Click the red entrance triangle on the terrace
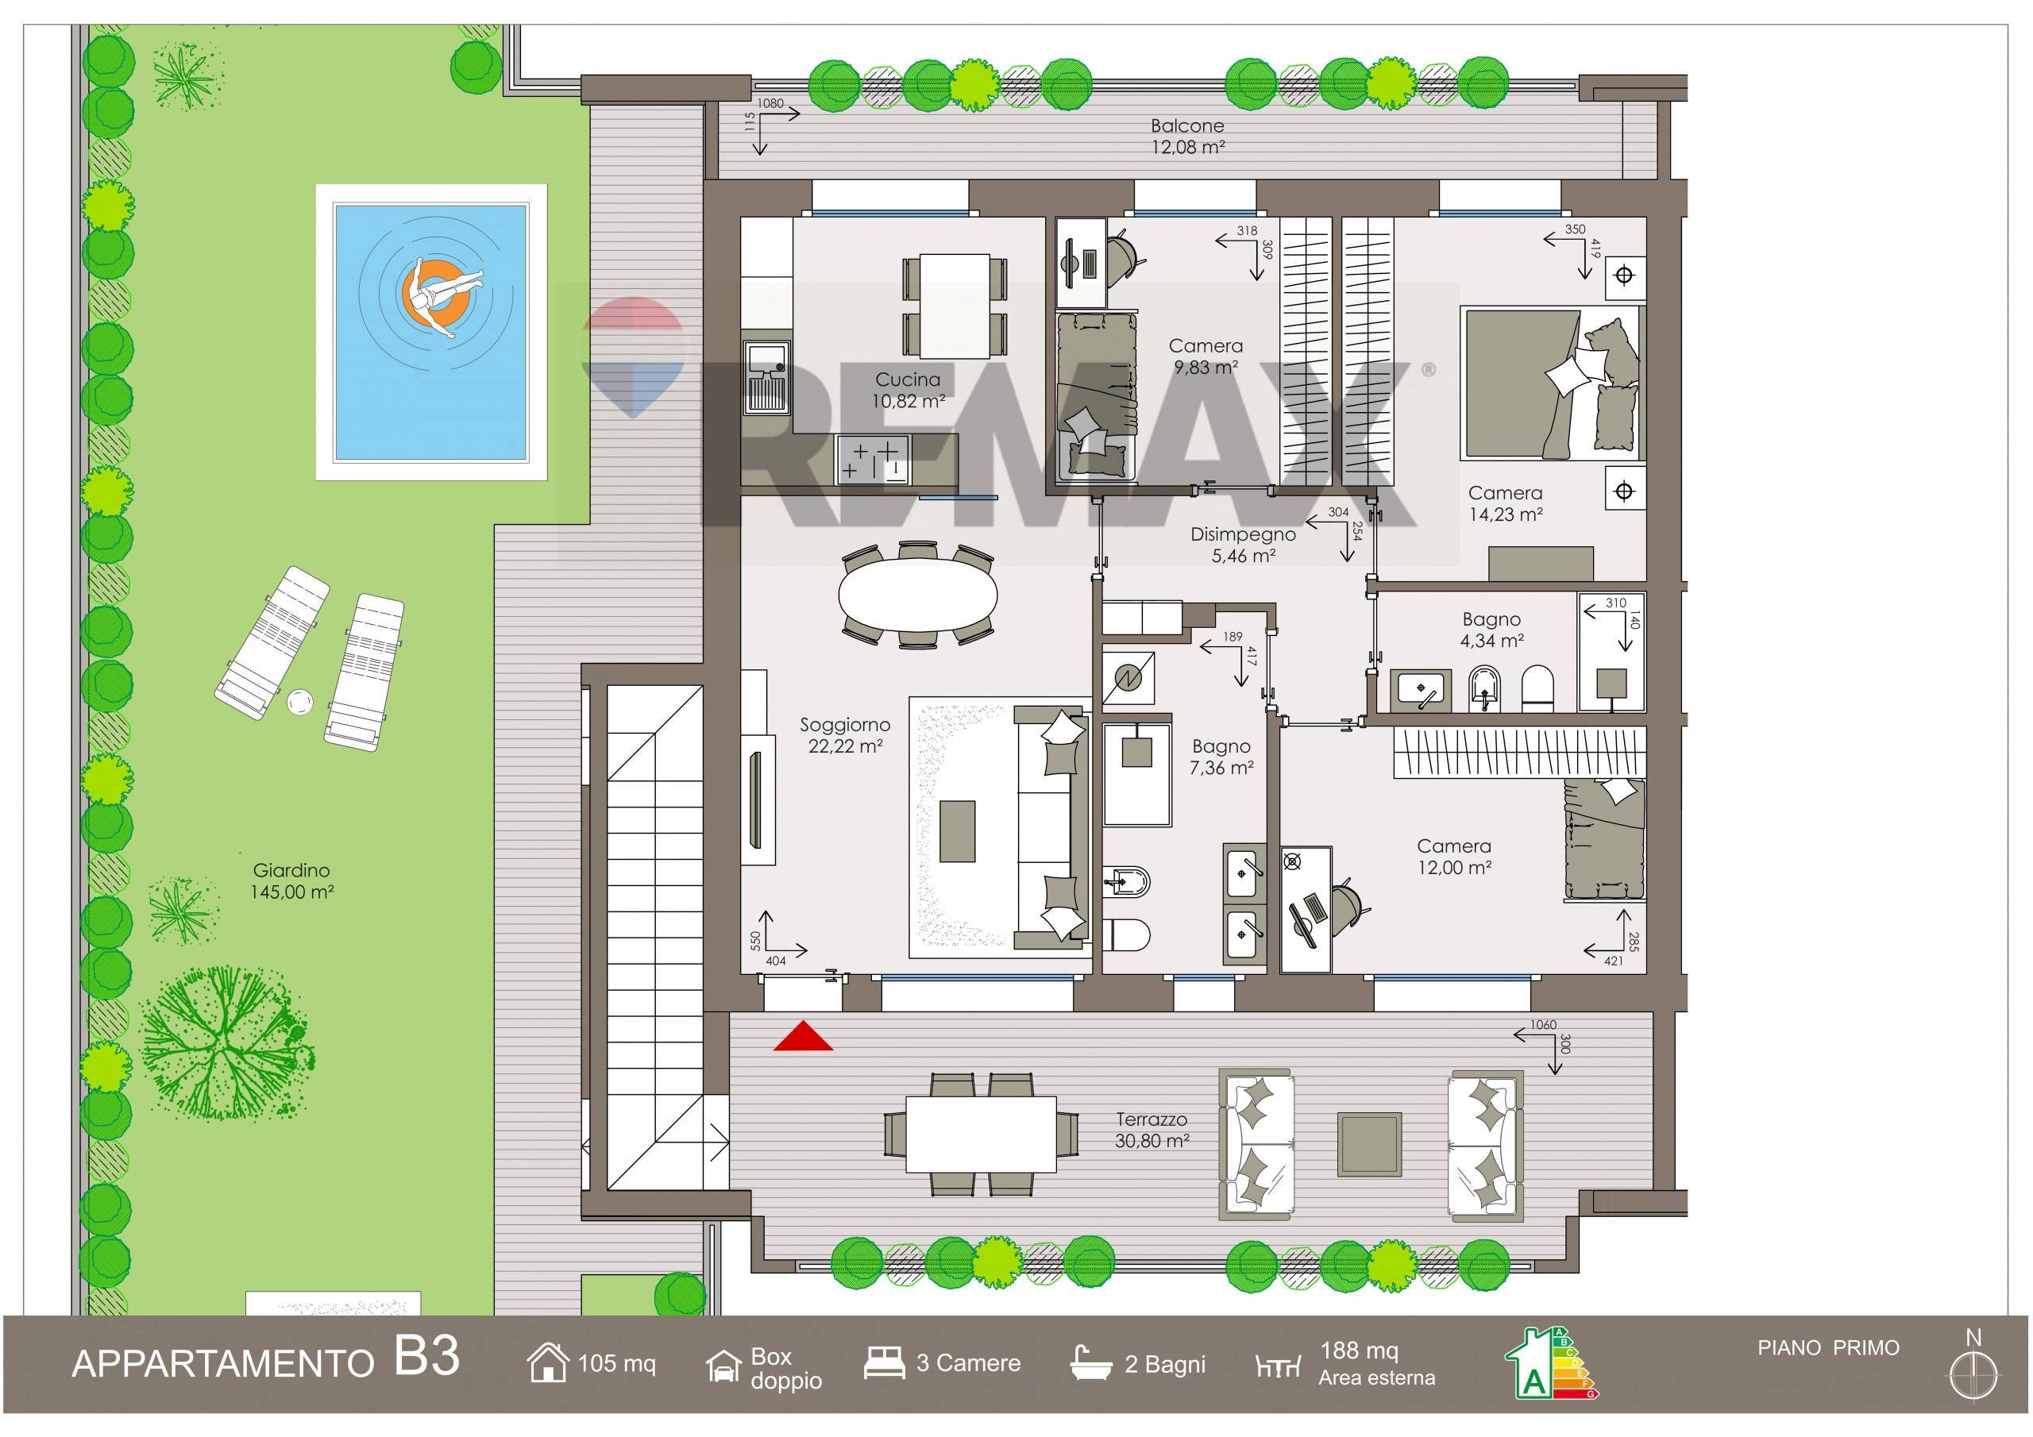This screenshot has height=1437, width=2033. (x=803, y=1037)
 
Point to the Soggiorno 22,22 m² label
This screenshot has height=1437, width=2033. (x=845, y=736)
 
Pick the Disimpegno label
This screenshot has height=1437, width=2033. (x=1243, y=535)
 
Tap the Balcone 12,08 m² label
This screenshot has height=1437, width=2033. (x=1187, y=137)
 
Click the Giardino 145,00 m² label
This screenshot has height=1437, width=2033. (x=291, y=882)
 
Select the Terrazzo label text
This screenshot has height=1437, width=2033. (x=1151, y=1120)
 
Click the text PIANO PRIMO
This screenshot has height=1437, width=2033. (x=1828, y=1348)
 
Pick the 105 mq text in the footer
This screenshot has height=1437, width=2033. (x=617, y=1363)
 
